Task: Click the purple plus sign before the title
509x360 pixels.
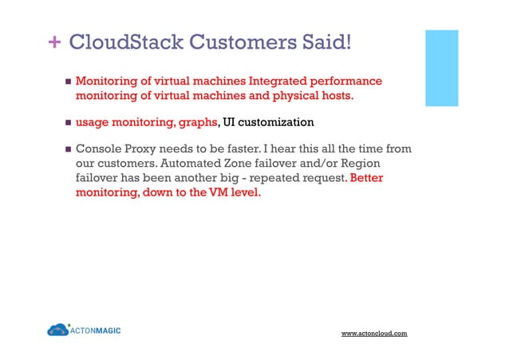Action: click(56, 42)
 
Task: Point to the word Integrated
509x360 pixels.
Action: click(277, 81)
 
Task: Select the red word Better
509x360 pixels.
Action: click(367, 178)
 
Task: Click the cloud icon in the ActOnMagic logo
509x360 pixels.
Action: click(57, 330)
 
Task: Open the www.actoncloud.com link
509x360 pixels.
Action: click(374, 332)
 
